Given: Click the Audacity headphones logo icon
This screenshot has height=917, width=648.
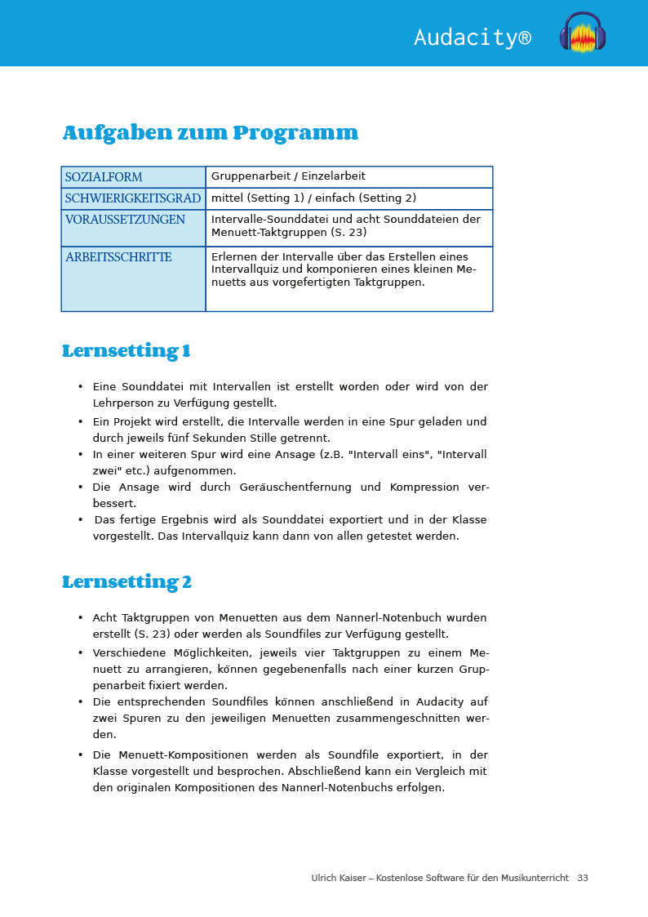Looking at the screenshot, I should coord(583,33).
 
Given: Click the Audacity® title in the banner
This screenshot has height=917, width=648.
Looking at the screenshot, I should coord(473,38).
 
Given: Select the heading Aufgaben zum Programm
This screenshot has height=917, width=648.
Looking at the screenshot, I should coord(210,133).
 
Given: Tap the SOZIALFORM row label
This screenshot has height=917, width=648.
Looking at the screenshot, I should coord(104,177).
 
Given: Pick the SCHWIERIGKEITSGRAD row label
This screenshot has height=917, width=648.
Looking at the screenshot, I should coord(133,198).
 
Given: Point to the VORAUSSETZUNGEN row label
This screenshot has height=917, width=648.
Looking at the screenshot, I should coord(125,220).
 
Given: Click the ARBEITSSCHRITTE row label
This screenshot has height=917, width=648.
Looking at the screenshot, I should coord(118,257).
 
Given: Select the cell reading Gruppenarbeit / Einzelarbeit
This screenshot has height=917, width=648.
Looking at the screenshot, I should coord(288,176).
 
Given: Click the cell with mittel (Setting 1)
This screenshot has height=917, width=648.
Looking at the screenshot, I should coord(313,198).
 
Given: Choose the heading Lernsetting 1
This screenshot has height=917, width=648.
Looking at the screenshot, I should coord(126,352).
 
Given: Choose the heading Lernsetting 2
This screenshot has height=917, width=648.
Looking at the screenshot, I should coord(126,583).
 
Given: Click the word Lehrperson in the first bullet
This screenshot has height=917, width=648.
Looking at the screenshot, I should coord(121,403).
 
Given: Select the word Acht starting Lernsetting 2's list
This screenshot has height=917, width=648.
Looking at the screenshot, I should coord(105,618).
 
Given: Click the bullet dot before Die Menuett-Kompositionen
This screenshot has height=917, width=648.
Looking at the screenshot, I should coord(81,755).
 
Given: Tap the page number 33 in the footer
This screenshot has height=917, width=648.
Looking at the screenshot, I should coord(583,878).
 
